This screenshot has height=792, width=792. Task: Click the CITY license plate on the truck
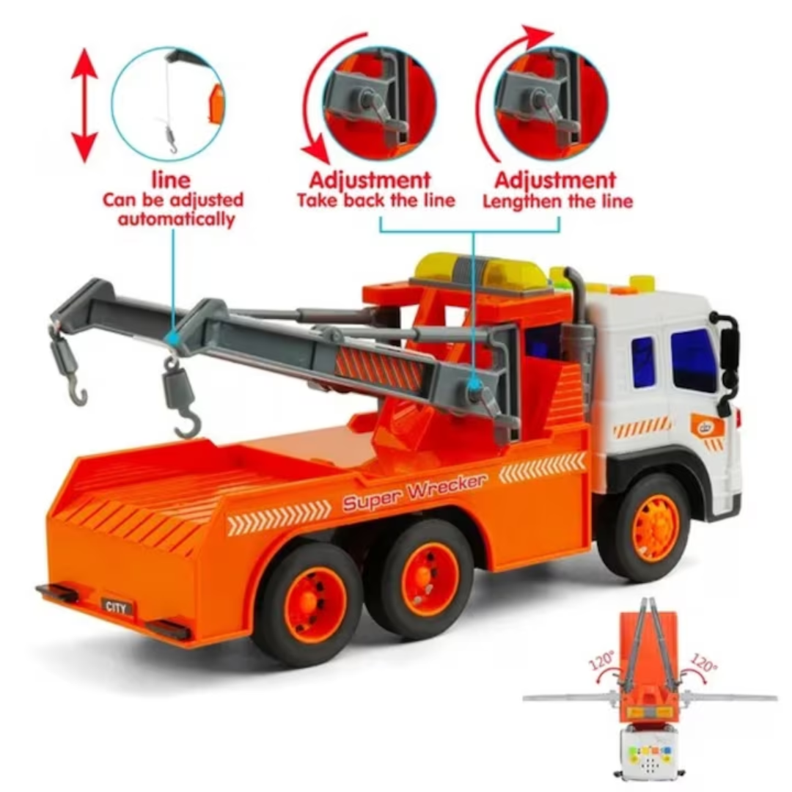pyautogui.click(x=117, y=606)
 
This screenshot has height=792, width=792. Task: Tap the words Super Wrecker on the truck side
pyautogui.click(x=415, y=493)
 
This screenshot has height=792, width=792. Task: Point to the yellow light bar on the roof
pyautogui.click(x=480, y=273)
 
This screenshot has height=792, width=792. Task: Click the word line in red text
pyautogui.click(x=171, y=180)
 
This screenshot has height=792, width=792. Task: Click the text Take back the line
pyautogui.click(x=375, y=200)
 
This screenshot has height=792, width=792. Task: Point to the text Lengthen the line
pyautogui.click(x=557, y=202)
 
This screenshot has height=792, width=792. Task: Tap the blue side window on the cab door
pyautogui.click(x=694, y=359)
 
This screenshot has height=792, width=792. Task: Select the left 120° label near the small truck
pyautogui.click(x=602, y=660)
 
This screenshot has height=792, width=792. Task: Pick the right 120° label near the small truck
pyautogui.click(x=703, y=661)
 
